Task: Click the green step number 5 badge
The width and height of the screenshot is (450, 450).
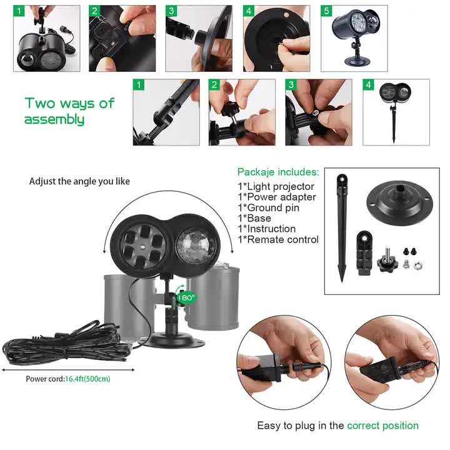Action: (326, 11)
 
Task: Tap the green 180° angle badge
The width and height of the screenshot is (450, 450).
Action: (186, 298)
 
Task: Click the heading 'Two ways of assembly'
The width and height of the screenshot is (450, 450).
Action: (69, 111)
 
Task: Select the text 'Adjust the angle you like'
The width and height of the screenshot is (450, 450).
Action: (79, 181)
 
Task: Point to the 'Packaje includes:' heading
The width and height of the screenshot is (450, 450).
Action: (277, 172)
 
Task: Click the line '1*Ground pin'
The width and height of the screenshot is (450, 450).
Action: (268, 207)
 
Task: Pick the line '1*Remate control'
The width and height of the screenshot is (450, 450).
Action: (277, 239)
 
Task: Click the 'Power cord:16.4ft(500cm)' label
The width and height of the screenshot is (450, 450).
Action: (68, 379)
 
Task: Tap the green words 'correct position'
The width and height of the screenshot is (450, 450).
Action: (382, 426)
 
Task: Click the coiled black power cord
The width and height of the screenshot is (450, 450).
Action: (56, 344)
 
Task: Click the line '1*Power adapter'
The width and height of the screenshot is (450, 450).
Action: (277, 197)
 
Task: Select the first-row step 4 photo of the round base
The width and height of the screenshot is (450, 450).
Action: (276, 39)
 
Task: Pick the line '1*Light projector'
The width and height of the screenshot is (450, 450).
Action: (276, 186)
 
